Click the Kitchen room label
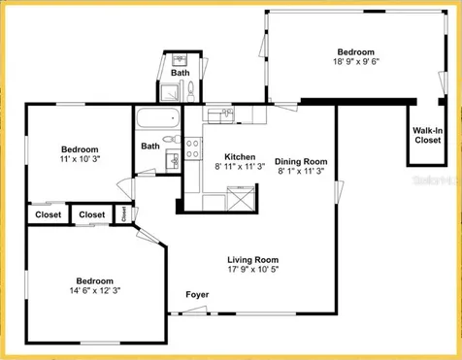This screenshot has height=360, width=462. point(239,157)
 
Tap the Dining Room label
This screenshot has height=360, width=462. point(302,161)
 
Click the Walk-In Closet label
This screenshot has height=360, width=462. point(427,135)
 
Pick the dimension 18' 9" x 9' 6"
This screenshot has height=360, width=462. point(355,60)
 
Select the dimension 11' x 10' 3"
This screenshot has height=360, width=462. point(80,157)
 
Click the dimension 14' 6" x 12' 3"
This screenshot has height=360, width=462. point(94,289)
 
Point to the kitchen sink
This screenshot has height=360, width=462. point(226,114)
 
